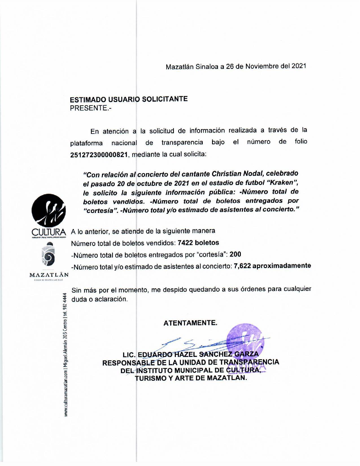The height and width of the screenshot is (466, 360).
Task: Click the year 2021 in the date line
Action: [x=299, y=66]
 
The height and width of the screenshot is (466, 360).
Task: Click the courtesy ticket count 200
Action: [x=235, y=254]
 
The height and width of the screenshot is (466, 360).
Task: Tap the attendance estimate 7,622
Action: [x=242, y=266]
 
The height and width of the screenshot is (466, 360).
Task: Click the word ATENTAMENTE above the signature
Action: [x=191, y=323]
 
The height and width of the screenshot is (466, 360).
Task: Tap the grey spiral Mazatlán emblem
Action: [x=49, y=256]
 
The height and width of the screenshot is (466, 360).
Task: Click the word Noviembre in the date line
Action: [x=262, y=66]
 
